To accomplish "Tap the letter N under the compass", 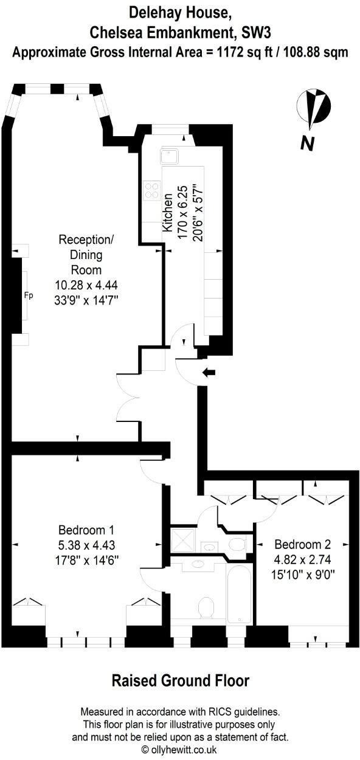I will pos(308,144).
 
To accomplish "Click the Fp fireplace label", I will pos(28,296).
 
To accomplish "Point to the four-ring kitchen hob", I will pos(151,191).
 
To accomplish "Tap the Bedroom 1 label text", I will pos(86,529).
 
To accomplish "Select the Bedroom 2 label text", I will pos(302,544).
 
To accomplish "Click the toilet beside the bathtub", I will pos(207,607).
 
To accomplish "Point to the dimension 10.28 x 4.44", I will pos(80,285).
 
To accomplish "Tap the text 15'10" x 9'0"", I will pos(302,573).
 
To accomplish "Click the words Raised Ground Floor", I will pos(180,680).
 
